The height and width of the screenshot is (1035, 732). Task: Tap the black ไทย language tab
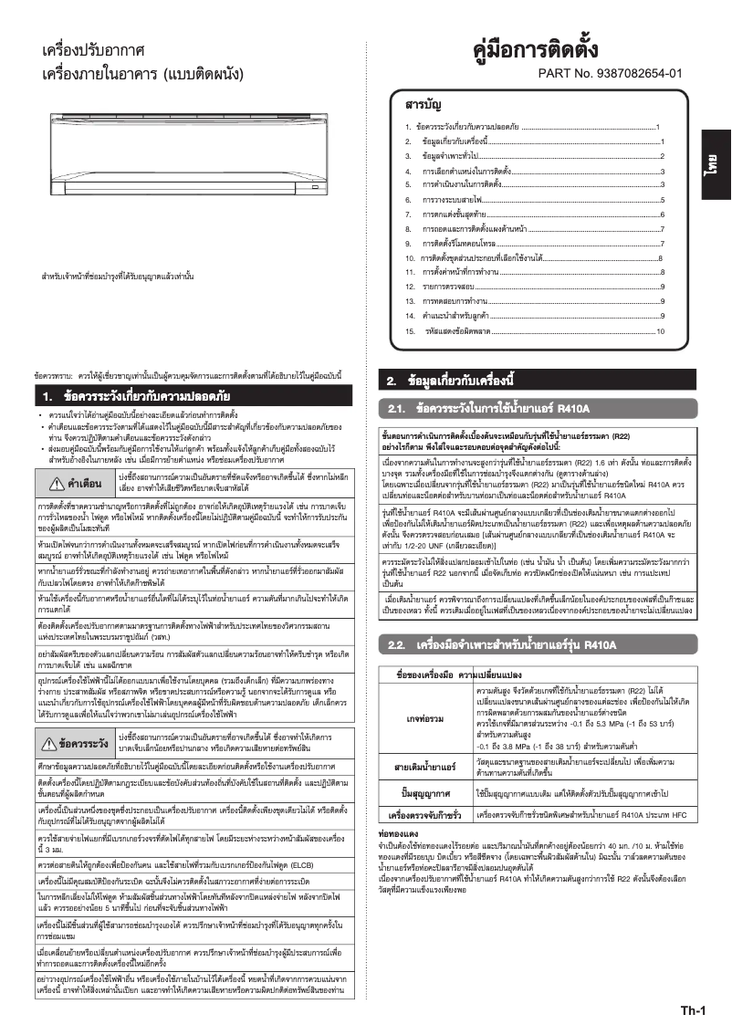tap(709, 167)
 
